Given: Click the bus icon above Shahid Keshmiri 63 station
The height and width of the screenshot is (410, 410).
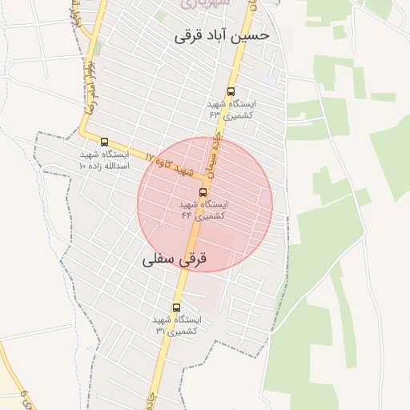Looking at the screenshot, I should [231, 92].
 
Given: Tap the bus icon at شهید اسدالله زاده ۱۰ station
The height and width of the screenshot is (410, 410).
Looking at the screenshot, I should [104, 142].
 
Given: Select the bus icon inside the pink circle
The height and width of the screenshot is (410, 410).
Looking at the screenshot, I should [202, 192].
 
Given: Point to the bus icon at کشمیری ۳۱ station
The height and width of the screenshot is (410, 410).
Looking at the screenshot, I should [176, 307].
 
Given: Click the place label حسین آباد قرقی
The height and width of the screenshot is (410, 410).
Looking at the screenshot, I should [222, 35].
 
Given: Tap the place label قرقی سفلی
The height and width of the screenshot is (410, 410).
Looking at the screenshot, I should [175, 259].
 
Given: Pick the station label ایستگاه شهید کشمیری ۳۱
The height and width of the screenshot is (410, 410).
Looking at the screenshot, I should [177, 325].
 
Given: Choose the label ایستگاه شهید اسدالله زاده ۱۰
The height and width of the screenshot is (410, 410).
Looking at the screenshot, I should [104, 159].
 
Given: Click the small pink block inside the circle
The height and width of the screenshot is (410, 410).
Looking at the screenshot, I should [264, 198].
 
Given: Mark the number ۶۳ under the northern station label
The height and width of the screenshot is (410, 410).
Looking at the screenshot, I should [215, 115].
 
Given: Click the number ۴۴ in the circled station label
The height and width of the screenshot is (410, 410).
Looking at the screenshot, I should [186, 215].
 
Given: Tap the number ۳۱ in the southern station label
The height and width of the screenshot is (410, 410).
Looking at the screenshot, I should [160, 331].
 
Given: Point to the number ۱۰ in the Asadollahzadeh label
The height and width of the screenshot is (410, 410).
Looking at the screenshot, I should [82, 165].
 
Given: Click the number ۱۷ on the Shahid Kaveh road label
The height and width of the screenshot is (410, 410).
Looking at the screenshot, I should [150, 155].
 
